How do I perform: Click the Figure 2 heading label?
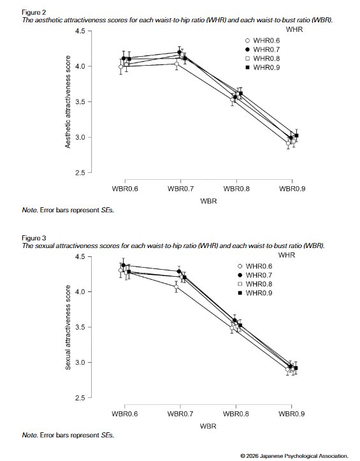tap(34, 12)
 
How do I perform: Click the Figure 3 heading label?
tap(34, 238)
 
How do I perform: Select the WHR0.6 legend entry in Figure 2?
tap(263, 41)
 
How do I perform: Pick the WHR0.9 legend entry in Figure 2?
tap(263, 68)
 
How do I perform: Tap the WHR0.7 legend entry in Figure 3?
tap(256, 275)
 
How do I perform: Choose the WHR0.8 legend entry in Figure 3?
tap(256, 284)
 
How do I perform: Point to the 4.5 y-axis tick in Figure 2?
tap(80, 31)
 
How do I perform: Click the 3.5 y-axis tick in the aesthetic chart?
tap(80, 102)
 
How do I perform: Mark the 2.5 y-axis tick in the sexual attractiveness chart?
tap(80, 398)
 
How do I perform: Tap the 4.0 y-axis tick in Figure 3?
tap(80, 291)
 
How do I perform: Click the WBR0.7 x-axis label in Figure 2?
tap(180, 189)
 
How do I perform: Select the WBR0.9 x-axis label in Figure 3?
tap(292, 414)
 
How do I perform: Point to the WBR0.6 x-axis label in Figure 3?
tap(125, 414)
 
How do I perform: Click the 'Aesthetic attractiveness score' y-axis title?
tap(68, 102)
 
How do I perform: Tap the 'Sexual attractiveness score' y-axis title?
tap(68, 327)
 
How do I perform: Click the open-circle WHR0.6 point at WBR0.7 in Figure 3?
tap(176, 287)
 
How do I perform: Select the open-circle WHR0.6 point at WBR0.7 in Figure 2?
tap(176, 64)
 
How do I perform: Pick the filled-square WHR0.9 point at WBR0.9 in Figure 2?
tap(296, 136)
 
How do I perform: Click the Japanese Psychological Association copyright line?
tap(294, 456)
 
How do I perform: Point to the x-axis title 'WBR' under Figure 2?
tap(208, 201)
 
